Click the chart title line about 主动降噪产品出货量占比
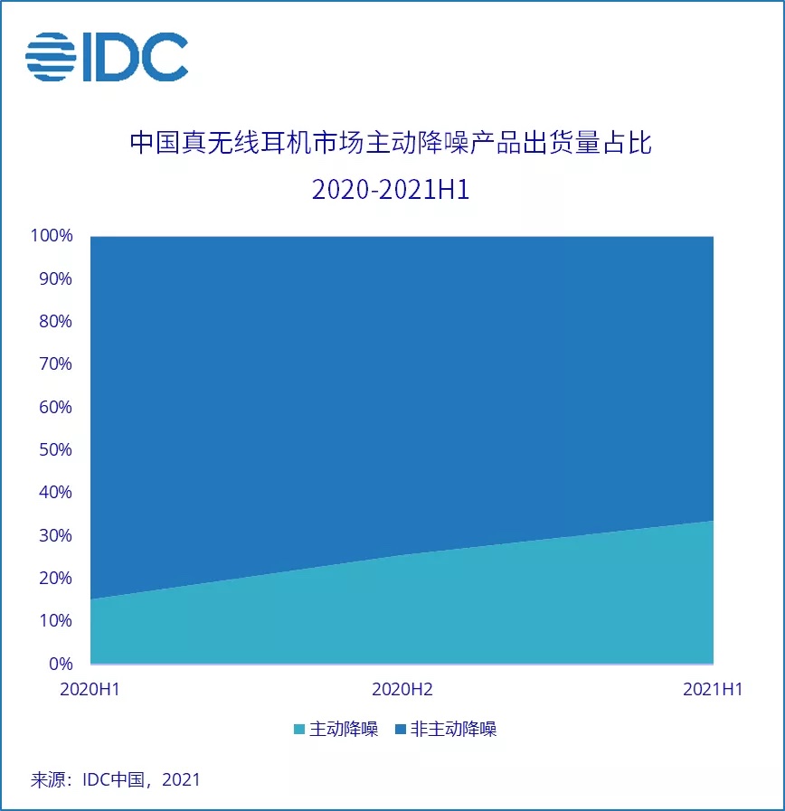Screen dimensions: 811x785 391,144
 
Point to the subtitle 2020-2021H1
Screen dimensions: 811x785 391,190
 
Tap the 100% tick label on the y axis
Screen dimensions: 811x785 51,237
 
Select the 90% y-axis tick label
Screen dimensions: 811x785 54,279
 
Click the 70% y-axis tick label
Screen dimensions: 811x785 54,364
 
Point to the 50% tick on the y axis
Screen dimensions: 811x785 54,450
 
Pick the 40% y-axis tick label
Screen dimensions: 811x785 54,493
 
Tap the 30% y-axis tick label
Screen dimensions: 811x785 54,535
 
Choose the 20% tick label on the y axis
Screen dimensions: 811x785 54,578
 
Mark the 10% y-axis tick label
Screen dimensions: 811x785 54,621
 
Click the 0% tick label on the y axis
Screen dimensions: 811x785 59,664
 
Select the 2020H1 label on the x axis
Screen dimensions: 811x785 90,689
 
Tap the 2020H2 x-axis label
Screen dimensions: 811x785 402,689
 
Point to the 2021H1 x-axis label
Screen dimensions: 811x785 713,689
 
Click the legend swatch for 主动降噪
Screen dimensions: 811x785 299,730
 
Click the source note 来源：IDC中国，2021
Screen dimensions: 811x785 116,779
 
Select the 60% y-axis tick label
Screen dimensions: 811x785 54,408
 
